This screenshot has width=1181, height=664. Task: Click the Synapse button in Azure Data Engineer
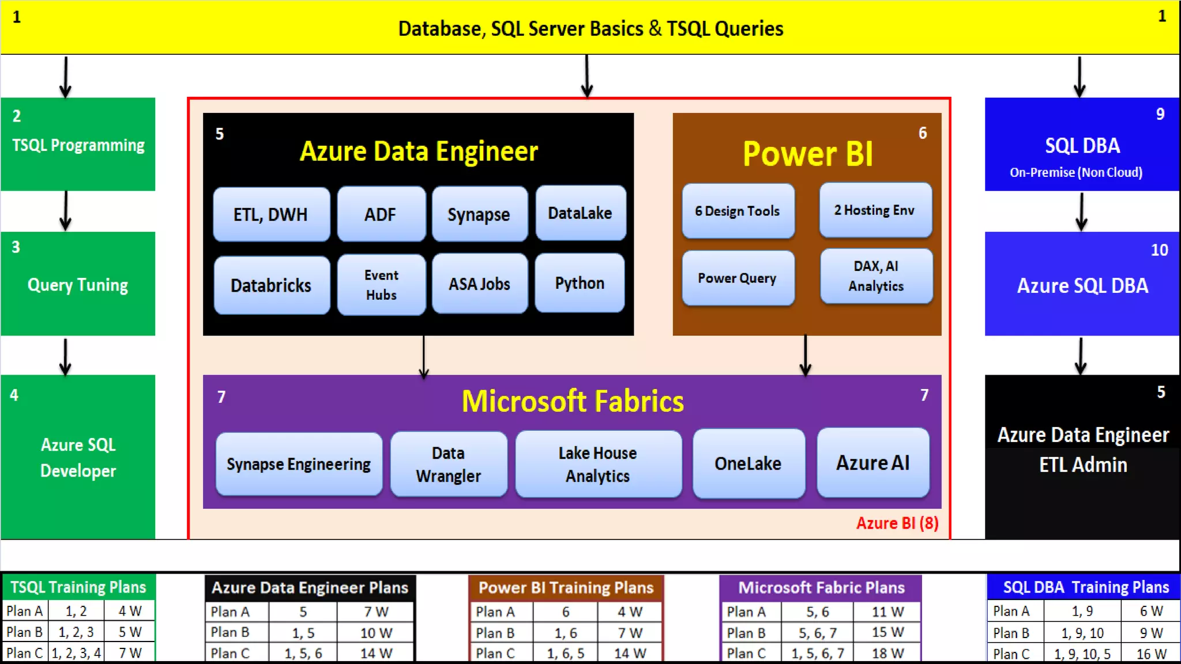point(479,214)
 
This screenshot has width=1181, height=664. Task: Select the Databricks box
point(271,285)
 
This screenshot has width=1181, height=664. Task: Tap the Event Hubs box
point(381,285)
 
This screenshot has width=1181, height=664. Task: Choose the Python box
point(580,283)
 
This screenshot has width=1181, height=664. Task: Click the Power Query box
point(738,278)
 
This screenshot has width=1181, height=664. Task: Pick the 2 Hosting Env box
point(875,210)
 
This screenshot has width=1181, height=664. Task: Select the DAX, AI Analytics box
point(876,276)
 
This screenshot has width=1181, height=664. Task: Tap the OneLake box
point(748,463)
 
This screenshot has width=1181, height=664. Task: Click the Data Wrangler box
point(449,464)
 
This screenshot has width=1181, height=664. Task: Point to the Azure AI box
point(872,463)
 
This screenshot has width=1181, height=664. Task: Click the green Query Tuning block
point(78,284)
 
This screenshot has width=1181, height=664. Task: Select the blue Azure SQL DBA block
point(1082,284)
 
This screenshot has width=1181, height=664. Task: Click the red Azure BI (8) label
point(897,523)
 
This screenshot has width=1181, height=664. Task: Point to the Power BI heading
point(807,154)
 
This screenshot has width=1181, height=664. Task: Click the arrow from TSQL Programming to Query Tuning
point(66,211)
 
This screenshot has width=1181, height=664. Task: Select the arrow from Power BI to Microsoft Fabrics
point(806,355)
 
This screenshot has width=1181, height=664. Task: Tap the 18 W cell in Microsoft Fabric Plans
point(887,653)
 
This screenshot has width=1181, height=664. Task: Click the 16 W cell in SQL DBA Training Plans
point(1151,654)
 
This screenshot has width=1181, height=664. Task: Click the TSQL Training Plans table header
point(78,587)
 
